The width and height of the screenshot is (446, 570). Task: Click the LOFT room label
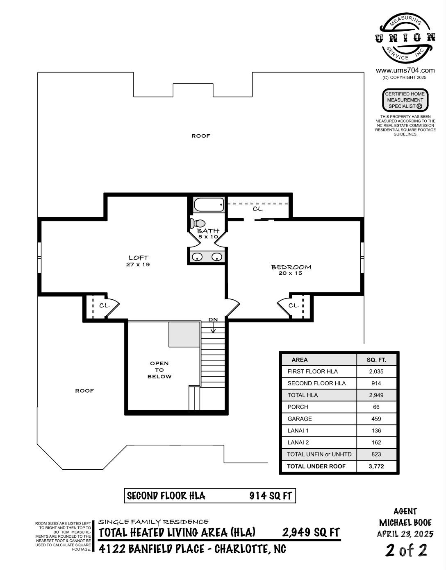pyautogui.click(x=139, y=258)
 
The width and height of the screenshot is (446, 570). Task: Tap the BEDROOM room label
pyautogui.click(x=291, y=267)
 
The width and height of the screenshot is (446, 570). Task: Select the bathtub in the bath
pyautogui.click(x=209, y=205)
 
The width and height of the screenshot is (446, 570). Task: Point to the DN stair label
pyautogui.click(x=213, y=319)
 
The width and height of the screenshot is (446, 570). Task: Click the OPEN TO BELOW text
pyautogui.click(x=159, y=370)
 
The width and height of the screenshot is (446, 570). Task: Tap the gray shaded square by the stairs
pyautogui.click(x=184, y=335)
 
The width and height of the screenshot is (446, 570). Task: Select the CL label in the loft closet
pyautogui.click(x=104, y=305)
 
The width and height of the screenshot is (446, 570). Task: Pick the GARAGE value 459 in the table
pyautogui.click(x=376, y=418)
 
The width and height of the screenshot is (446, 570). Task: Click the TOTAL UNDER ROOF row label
pyautogui.click(x=316, y=466)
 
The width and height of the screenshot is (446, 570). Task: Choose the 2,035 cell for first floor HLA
pyautogui.click(x=376, y=371)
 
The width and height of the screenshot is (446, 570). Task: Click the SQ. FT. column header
pyautogui.click(x=376, y=360)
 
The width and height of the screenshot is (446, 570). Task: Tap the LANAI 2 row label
pyautogui.click(x=298, y=443)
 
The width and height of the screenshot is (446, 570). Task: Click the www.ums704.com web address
pyautogui.click(x=405, y=70)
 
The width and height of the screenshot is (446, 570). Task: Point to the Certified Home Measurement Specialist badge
pyautogui.click(x=405, y=100)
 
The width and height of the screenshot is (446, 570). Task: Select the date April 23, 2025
pyautogui.click(x=405, y=534)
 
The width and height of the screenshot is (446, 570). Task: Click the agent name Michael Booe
pyautogui.click(x=405, y=522)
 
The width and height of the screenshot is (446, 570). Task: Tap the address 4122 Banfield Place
pyautogui.click(x=151, y=549)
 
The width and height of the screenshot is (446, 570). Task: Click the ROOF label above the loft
pyautogui.click(x=201, y=136)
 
